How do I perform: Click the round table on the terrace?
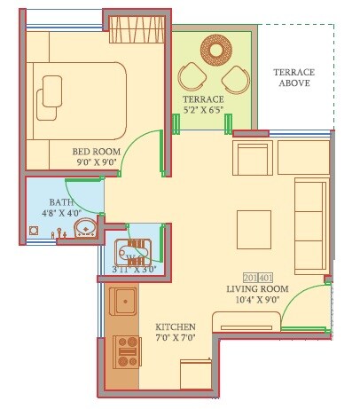pyautogui.click(x=215, y=48)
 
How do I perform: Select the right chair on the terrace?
pyautogui.click(x=235, y=78)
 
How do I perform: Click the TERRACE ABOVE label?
pyautogui.click(x=294, y=77)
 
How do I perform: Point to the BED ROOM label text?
pyautogui.click(x=97, y=151)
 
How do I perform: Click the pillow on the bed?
pyautogui.click(x=52, y=91)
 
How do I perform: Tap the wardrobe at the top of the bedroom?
pyautogui.click(x=137, y=34)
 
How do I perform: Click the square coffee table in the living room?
pyautogui.click(x=254, y=230)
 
